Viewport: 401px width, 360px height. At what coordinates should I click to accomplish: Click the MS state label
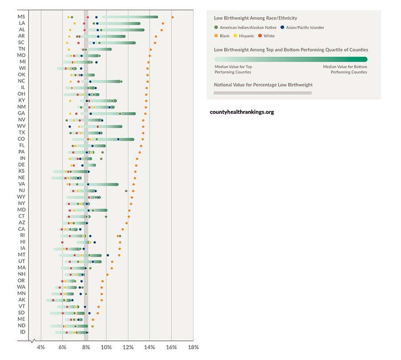pos(21,17)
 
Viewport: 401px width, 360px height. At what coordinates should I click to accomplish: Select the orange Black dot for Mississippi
pos(172,17)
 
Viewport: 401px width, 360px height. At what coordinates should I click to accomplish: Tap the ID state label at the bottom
pos(22,332)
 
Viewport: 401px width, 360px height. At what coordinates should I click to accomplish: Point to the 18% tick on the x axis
pos(193,348)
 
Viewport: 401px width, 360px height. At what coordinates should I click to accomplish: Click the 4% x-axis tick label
pos(41,348)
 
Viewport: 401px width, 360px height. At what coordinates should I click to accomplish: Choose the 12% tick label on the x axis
pos(128,348)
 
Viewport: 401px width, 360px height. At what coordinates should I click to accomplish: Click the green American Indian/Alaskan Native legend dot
pos(216,28)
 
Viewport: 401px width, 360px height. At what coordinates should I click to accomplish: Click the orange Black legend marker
pos(216,36)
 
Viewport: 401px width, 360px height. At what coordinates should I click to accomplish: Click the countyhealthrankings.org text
pos(242,112)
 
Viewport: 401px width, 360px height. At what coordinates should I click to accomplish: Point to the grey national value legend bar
pos(262,93)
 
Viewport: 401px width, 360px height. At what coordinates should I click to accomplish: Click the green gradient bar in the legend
pos(291,59)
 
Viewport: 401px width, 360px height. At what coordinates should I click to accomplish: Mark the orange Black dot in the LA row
pos(163,24)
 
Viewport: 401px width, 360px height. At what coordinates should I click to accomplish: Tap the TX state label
pos(22,133)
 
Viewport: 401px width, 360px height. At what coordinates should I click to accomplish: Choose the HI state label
pos(22,242)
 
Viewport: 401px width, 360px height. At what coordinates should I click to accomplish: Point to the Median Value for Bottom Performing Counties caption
pos(345,69)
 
